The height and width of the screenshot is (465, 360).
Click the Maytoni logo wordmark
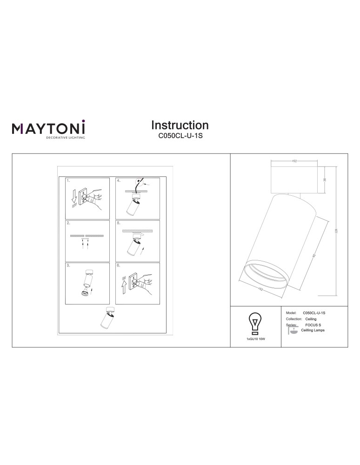pyautogui.click(x=49, y=127)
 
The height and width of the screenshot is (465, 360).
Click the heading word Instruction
pyautogui.click(x=180, y=125)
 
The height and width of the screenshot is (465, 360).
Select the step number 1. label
pyautogui.click(x=68, y=180)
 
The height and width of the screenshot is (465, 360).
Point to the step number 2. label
pyautogui.click(x=68, y=223)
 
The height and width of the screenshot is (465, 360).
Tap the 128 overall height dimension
pyautogui.click(x=336, y=231)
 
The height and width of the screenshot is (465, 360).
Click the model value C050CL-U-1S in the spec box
pyautogui.click(x=314, y=313)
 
